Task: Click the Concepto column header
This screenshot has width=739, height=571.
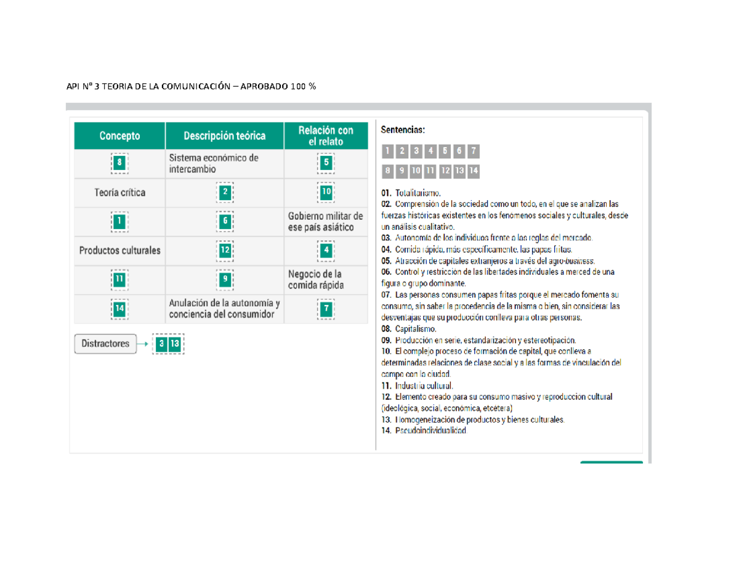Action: tap(120, 136)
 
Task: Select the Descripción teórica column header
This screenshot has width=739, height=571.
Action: tap(224, 136)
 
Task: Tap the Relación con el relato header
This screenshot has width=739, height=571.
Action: tap(326, 136)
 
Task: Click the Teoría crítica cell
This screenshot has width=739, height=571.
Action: tap(120, 192)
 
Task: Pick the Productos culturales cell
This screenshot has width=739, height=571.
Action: tap(120, 251)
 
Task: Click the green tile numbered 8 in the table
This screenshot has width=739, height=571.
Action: tap(120, 163)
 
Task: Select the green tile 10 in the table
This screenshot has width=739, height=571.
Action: tap(326, 192)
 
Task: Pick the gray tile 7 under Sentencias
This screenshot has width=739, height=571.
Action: tap(472, 151)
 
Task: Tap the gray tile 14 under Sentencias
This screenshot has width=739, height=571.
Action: tap(473, 171)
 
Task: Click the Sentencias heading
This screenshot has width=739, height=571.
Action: tap(403, 130)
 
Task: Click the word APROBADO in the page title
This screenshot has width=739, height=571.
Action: tap(264, 87)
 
